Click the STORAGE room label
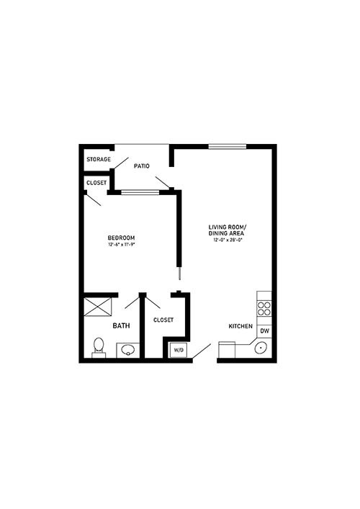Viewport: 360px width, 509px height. (x=99, y=159)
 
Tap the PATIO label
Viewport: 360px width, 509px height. (x=142, y=166)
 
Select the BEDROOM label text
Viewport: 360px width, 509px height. (x=122, y=238)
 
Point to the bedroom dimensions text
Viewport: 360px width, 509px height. (x=122, y=245)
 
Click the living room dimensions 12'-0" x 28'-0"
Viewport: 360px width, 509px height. (x=228, y=240)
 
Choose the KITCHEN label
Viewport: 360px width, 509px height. (x=240, y=326)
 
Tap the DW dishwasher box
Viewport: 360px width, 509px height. (x=264, y=330)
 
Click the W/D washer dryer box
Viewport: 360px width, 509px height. (x=179, y=350)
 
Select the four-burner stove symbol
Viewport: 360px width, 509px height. (x=264, y=308)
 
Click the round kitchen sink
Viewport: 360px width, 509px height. (x=261, y=348)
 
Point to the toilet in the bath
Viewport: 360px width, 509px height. (x=99, y=348)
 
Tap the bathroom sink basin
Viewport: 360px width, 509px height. (x=128, y=350)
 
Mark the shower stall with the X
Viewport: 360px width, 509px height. (x=98, y=307)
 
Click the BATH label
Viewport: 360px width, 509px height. (x=121, y=325)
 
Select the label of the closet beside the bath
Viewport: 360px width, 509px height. (x=163, y=320)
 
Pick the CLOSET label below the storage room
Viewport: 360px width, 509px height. (x=96, y=183)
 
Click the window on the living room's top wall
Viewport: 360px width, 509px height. (x=228, y=147)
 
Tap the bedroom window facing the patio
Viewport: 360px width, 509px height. (x=140, y=192)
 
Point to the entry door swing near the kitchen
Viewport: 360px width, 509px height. (x=202, y=351)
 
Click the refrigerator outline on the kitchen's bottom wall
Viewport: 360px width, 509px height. (x=227, y=350)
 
